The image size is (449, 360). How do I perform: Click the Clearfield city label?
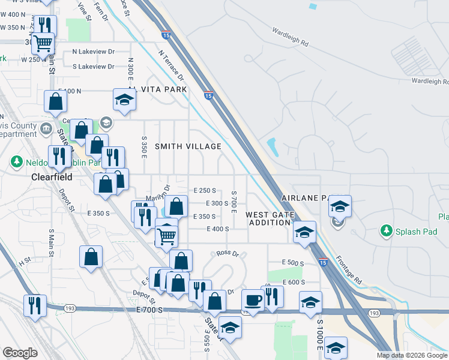point(52,178)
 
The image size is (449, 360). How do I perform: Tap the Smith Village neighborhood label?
point(188,146)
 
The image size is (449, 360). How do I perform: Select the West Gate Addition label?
point(270,218)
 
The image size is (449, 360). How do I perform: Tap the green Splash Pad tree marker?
point(386,230)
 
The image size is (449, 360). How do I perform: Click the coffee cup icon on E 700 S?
point(253,300)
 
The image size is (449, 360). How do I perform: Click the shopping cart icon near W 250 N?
point(43,43)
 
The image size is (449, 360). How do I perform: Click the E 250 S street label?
point(205,190)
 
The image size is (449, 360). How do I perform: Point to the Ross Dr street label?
point(228,254)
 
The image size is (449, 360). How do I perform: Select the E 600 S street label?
point(294,282)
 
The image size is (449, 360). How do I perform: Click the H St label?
point(25,262)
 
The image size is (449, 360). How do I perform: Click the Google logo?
point(20,353)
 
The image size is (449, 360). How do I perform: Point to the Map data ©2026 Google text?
point(411,355)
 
